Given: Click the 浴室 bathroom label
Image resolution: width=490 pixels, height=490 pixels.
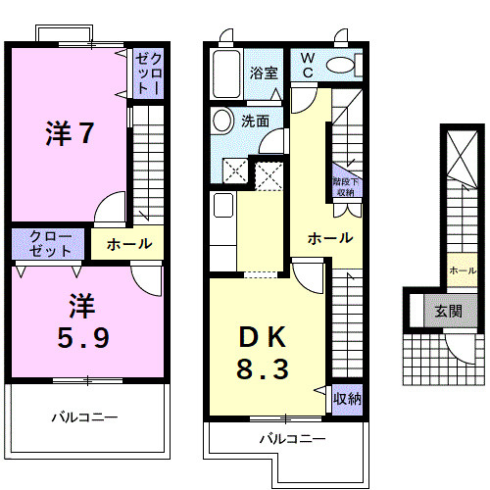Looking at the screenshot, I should (263, 73).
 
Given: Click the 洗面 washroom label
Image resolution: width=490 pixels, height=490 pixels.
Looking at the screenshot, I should (256, 122).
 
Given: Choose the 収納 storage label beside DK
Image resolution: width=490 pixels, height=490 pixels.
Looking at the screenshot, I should (346, 398).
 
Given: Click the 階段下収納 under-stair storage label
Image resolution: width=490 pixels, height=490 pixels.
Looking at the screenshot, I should (343, 187).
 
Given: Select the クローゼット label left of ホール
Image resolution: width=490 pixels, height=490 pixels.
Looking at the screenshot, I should (49, 243).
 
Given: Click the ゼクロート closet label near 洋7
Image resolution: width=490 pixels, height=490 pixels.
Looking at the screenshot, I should (146, 73).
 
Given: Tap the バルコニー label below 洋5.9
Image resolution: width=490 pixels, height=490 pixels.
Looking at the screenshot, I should (84, 417).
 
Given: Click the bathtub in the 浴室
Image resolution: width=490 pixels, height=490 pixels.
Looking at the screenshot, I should (225, 72).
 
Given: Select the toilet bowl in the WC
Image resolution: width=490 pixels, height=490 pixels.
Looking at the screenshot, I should (342, 65).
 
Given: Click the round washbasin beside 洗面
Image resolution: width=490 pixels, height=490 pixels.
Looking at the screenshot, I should (221, 122).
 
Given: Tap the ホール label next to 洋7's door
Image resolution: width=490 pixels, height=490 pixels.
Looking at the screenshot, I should (128, 244).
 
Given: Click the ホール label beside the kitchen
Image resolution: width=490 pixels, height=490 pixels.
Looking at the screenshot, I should (329, 238).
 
